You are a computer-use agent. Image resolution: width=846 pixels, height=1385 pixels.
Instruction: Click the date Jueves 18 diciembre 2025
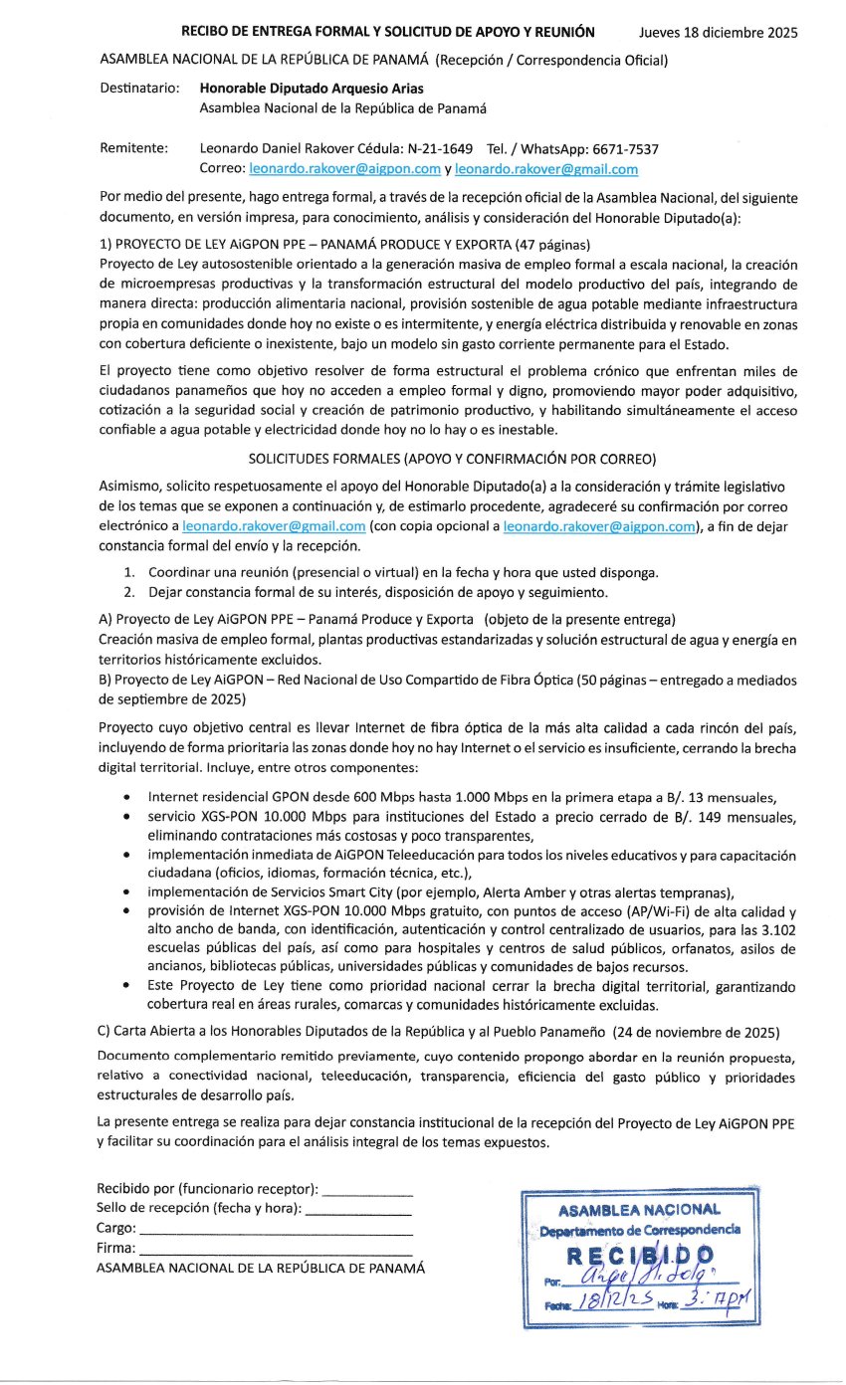[x=718, y=33]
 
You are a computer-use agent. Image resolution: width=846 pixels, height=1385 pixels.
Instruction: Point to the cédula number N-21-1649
[x=434, y=148]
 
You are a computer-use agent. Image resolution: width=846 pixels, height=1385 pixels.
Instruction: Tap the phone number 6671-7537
[x=623, y=148]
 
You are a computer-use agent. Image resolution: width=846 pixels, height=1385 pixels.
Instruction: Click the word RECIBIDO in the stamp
[x=637, y=1256]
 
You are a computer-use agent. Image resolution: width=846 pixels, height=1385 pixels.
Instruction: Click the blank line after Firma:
[x=276, y=1248]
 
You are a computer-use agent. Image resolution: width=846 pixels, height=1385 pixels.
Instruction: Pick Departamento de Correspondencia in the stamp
[x=640, y=1230]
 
